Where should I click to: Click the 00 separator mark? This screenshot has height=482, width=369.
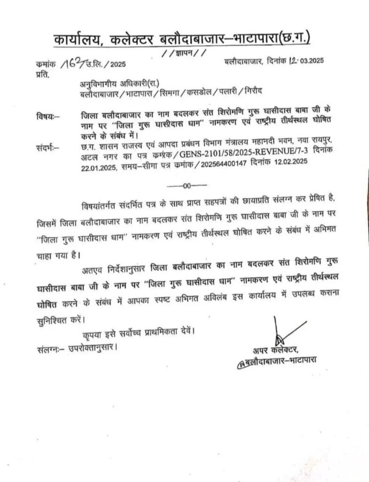pyautogui.click(x=187, y=186)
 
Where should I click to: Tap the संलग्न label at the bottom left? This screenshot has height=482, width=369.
pyautogui.click(x=49, y=349)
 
